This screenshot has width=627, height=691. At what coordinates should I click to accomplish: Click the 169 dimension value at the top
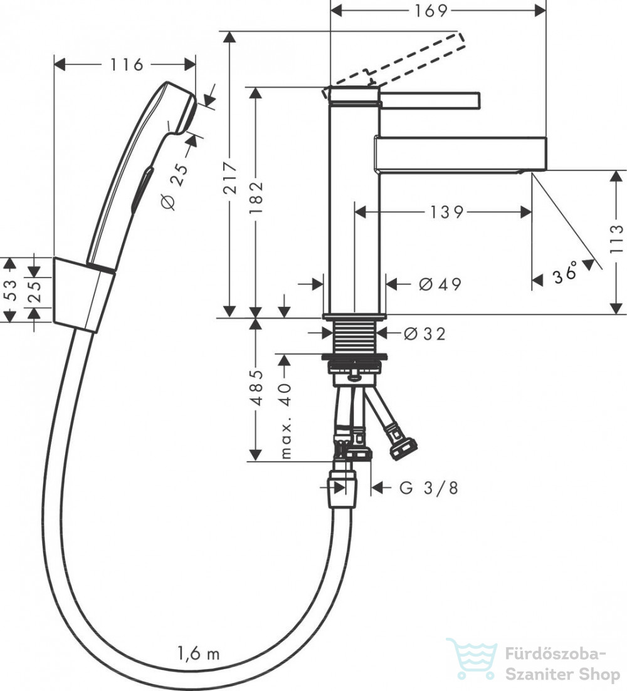[431, 11]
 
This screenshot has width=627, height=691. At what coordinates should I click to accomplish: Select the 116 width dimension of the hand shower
[127, 65]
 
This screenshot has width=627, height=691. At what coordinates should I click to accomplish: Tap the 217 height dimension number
[230, 177]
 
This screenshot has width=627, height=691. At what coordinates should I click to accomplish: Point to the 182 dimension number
[256, 197]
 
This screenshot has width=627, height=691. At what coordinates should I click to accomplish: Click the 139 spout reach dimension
[446, 212]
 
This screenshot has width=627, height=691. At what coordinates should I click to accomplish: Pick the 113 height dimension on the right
[616, 239]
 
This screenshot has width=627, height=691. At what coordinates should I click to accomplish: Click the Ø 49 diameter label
[440, 284]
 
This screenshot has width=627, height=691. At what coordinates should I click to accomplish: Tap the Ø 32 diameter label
[424, 334]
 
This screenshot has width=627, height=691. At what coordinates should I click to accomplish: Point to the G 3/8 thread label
[429, 488]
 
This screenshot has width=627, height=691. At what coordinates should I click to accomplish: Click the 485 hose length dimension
[256, 388]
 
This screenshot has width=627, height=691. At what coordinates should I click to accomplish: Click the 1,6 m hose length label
[198, 653]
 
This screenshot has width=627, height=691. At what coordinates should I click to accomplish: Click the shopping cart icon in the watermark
[472, 658]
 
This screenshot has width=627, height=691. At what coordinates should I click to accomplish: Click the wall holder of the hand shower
[84, 294]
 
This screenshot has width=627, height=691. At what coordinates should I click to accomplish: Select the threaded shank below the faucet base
[354, 336]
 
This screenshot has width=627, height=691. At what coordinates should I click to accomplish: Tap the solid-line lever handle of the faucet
[430, 100]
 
